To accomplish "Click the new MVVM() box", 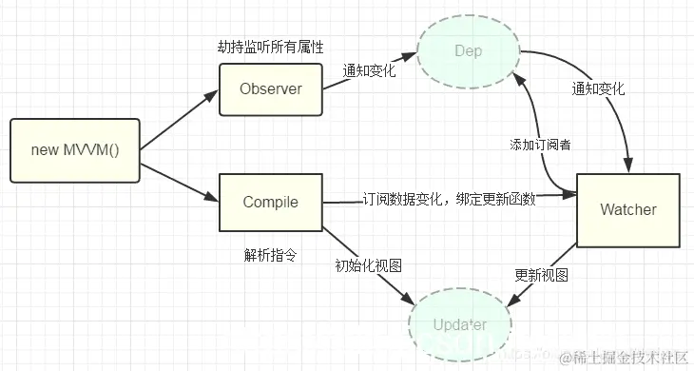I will [x=75, y=150].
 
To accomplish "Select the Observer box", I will [x=270, y=89].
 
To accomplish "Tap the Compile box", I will [x=270, y=202].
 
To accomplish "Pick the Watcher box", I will [x=627, y=208].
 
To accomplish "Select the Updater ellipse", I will [x=460, y=325].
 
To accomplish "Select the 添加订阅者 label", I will [x=539, y=145].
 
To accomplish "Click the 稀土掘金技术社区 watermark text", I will [x=627, y=358].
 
